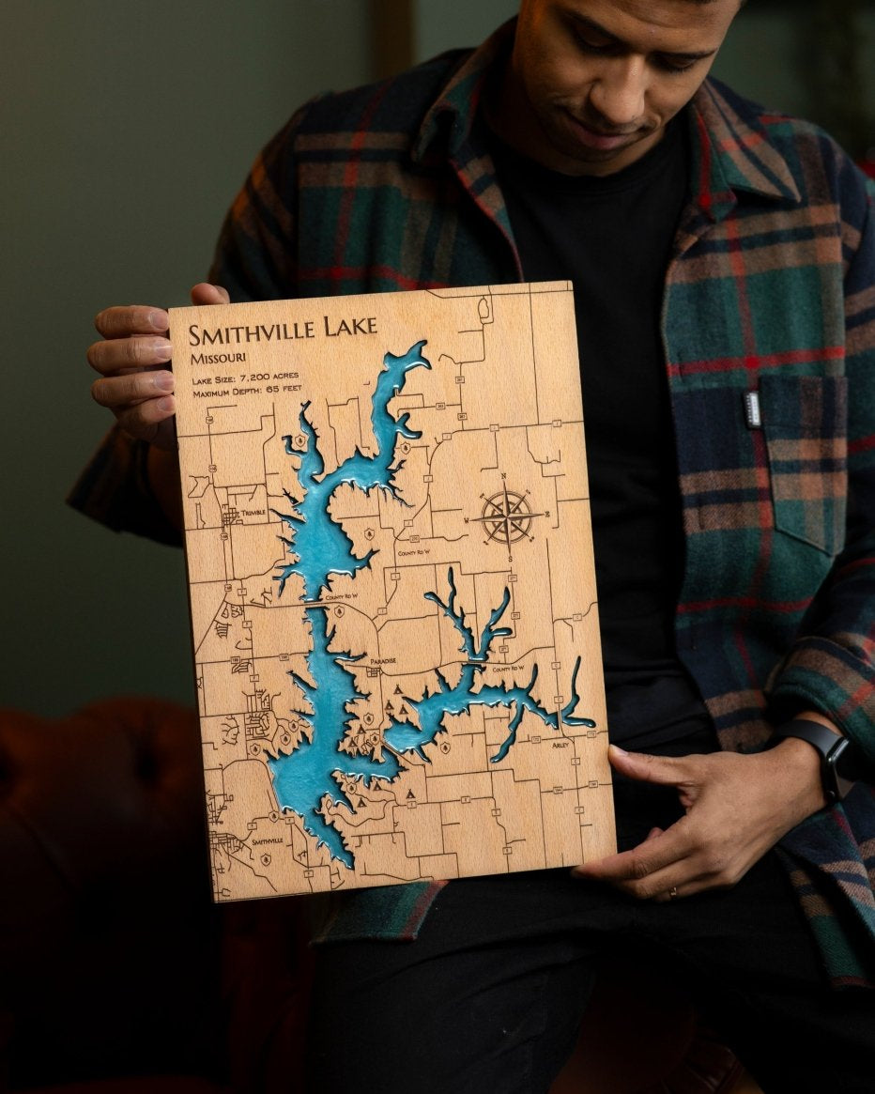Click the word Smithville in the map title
[249, 331]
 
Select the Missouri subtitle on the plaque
[217, 358]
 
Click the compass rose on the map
[507, 516]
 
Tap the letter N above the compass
[503, 476]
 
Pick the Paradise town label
[382, 660]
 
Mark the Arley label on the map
[560, 745]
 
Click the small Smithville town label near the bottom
[267, 841]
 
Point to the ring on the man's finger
[673, 893]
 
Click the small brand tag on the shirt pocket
[752, 408]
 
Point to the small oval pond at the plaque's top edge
[484, 307]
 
